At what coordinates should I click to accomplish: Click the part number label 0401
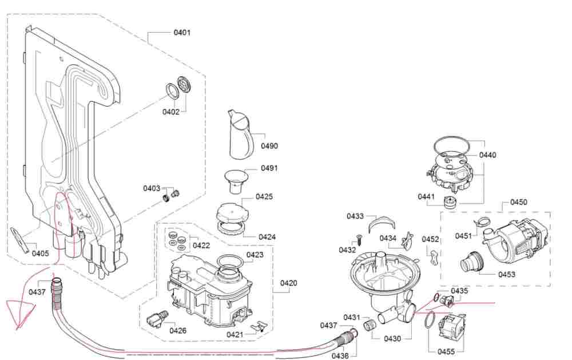click(182, 33)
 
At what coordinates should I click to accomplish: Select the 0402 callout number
click(170, 112)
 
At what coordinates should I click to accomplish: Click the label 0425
click(264, 197)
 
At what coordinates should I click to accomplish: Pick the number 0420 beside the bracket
click(288, 283)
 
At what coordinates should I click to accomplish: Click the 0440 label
click(488, 155)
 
